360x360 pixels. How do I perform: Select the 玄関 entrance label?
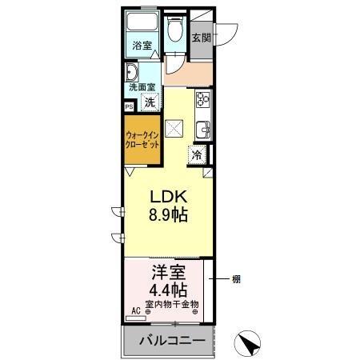point(202,37)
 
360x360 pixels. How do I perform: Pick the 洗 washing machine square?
point(150,102)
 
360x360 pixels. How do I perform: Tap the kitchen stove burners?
point(202,100)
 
